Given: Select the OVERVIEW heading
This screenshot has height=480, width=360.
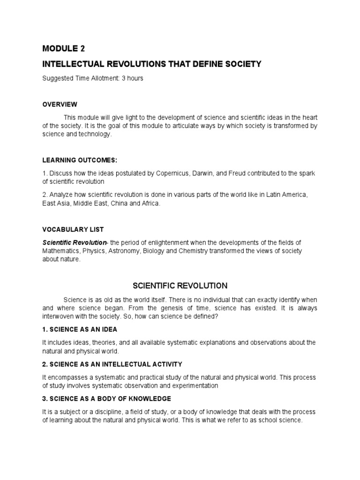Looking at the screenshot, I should (60, 104).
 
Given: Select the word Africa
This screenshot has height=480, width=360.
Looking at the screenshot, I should (150, 203).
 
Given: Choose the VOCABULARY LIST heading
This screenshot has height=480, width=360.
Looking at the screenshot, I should (73, 229).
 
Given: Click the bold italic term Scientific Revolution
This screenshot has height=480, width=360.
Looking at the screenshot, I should (75, 242).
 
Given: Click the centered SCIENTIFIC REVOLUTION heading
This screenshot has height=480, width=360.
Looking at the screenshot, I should (180, 285).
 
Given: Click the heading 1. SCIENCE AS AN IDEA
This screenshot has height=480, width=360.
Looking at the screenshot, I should (80, 329).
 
